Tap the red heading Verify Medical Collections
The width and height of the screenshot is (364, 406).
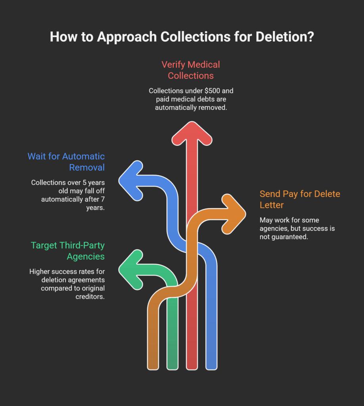[190, 70]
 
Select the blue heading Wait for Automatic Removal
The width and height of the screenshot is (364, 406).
[66, 161]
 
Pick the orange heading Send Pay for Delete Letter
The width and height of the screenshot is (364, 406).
[300, 199]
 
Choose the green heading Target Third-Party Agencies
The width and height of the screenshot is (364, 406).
[68, 251]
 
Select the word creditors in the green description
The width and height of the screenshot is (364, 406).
[91, 296]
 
